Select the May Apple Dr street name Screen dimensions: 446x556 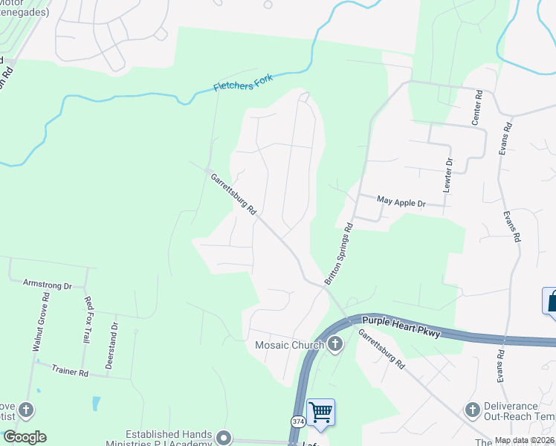tap(401, 201)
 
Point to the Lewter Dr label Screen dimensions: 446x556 tap(447, 176)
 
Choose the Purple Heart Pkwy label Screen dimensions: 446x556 tap(401, 327)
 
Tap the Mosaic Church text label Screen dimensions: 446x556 tap(290, 345)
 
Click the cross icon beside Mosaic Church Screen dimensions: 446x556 tap(335, 344)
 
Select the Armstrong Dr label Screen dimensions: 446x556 tap(47, 285)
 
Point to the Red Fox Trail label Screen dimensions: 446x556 tap(89, 319)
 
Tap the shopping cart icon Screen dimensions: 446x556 tap(320, 411)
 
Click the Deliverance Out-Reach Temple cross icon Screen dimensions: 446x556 tap(471, 410)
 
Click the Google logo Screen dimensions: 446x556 tap(25, 437)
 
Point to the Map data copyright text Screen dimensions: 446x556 tap(524, 441)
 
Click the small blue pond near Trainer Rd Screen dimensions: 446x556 tap(96, 404)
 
